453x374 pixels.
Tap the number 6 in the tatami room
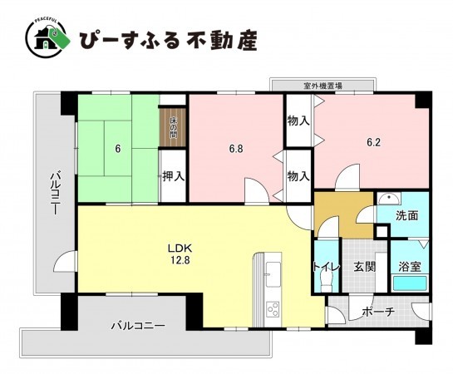[x=118, y=150]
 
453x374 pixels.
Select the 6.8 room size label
[x=237, y=150]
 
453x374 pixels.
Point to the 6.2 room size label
[x=374, y=142]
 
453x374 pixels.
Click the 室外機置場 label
[x=323, y=85]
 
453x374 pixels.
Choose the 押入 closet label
[x=173, y=176]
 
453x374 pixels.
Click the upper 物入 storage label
[x=298, y=121]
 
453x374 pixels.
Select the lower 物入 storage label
[x=298, y=176]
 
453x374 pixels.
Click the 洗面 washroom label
[x=406, y=214]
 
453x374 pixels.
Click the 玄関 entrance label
[x=365, y=267]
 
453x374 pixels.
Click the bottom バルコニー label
[x=138, y=326]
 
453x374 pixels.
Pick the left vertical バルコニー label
[x=53, y=193]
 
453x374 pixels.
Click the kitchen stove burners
[x=272, y=311]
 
